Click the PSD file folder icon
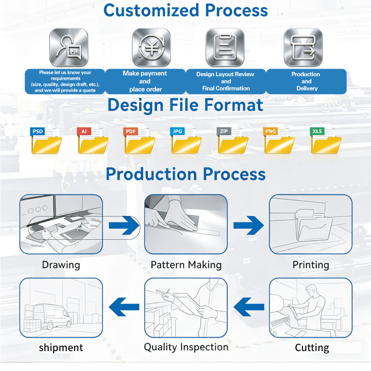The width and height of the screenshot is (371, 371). pyautogui.click(x=46, y=141)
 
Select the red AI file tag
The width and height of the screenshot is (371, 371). pyautogui.click(x=84, y=131)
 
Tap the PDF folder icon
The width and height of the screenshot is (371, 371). pyautogui.click(x=140, y=141)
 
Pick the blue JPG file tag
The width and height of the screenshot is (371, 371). pyautogui.click(x=177, y=131)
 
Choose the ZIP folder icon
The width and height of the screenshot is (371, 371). pyautogui.click(x=233, y=141)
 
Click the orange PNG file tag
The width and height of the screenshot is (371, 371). pyautogui.click(x=270, y=131)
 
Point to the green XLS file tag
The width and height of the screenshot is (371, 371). pyautogui.click(x=317, y=131)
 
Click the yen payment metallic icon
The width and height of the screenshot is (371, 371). pyautogui.click(x=152, y=47)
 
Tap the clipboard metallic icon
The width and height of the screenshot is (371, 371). pyautogui.click(x=225, y=47)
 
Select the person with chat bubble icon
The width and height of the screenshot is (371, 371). pyautogui.click(x=69, y=47)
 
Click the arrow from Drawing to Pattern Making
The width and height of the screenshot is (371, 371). pyautogui.click(x=124, y=225)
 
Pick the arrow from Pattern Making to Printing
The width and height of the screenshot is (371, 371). pyautogui.click(x=249, y=225)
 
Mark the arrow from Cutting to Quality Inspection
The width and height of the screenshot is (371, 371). pyautogui.click(x=249, y=307)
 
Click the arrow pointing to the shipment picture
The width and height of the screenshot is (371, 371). pyautogui.click(x=124, y=307)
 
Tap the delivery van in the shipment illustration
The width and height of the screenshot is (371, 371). pyautogui.click(x=52, y=317)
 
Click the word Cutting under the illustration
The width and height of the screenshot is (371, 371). pyautogui.click(x=312, y=348)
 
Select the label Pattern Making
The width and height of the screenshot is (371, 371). pyautogui.click(x=186, y=265)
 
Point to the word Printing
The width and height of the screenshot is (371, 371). pyautogui.click(x=311, y=265)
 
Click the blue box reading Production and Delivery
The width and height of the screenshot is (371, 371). pyautogui.click(x=306, y=82)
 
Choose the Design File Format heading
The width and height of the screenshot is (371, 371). pyautogui.click(x=185, y=105)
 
